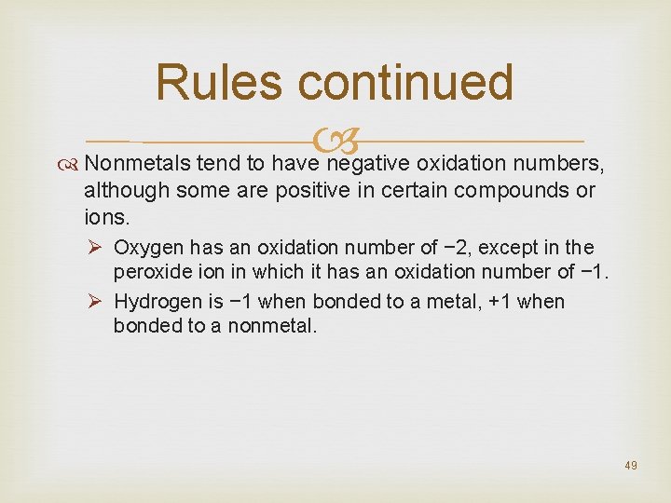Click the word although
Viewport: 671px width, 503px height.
pyautogui.click(x=120, y=192)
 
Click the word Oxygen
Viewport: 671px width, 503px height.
pyautogui.click(x=148, y=249)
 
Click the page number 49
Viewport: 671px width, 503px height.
pyautogui.click(x=631, y=465)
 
